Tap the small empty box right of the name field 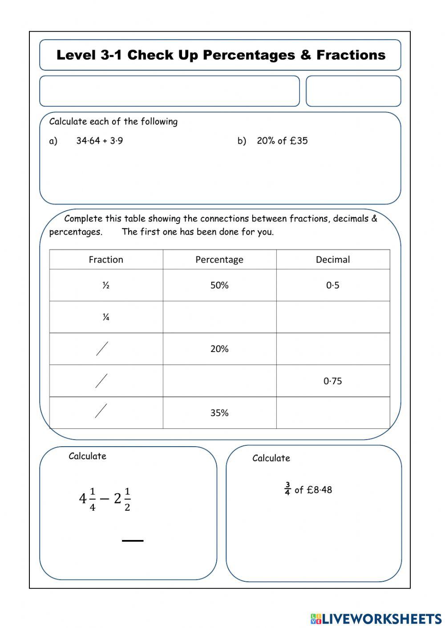353,91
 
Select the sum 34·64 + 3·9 100,141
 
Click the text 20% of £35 282,141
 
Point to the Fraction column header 106,260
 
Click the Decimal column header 333,260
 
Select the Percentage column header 219,260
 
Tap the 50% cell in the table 219,285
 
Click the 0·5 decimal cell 333,285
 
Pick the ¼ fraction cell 106,317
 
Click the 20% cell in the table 219,349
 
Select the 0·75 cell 333,381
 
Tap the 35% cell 219,413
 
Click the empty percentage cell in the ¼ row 219,317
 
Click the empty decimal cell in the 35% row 333,413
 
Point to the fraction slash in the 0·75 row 101,380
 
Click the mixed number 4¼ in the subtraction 87,499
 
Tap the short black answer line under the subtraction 133,540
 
